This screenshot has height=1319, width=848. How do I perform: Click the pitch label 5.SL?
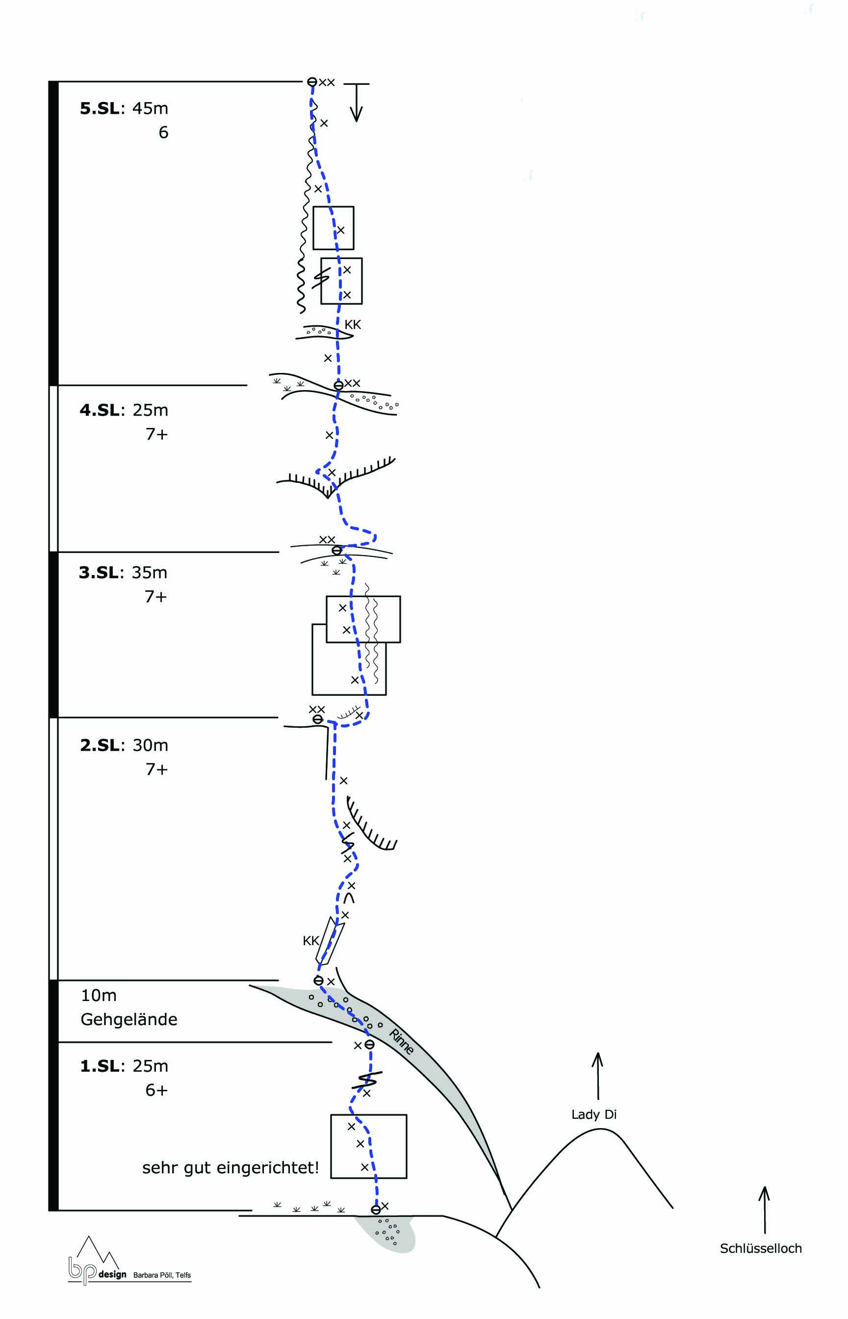click(100, 108)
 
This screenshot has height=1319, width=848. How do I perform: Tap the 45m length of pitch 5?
click(150, 108)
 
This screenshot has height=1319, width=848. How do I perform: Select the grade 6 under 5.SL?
click(163, 133)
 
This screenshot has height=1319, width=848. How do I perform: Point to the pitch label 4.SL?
click(100, 410)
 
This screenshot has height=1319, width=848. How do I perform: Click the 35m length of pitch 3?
click(149, 573)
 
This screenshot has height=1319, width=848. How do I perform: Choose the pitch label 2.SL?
click(100, 745)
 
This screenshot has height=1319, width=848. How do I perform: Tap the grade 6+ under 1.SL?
click(156, 1090)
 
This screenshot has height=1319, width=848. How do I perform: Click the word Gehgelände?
click(129, 1020)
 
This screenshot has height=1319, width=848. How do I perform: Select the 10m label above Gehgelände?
click(99, 996)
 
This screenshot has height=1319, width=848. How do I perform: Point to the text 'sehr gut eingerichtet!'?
click(231, 1168)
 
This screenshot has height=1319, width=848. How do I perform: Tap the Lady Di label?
click(593, 1114)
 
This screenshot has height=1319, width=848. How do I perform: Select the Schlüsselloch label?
click(760, 1248)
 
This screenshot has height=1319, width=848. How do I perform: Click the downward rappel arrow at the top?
click(356, 102)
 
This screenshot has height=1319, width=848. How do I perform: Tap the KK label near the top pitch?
click(353, 325)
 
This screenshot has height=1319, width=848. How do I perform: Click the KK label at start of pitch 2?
click(310, 941)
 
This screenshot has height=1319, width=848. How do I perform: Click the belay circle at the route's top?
click(311, 82)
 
